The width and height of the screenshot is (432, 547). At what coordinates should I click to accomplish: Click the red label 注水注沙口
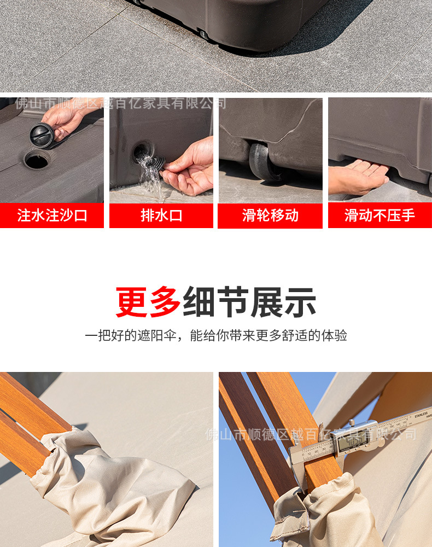[52, 215]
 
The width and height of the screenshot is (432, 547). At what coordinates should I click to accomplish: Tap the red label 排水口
[161, 215]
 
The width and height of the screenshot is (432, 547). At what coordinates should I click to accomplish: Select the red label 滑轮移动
[270, 215]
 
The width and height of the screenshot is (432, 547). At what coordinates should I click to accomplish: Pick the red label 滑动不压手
[380, 215]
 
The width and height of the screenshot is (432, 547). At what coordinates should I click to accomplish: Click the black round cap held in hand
[42, 135]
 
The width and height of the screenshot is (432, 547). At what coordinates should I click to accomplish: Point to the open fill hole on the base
[36, 160]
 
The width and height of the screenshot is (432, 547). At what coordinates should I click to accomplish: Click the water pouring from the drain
[150, 174]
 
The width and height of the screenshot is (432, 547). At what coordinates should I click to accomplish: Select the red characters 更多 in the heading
[148, 302]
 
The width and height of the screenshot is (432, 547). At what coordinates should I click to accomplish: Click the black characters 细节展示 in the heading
[249, 302]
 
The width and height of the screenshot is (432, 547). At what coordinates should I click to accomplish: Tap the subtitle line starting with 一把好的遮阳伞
[216, 335]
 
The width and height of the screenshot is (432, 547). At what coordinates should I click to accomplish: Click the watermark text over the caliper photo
[310, 435]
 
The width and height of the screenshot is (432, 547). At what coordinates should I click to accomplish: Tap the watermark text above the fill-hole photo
[121, 103]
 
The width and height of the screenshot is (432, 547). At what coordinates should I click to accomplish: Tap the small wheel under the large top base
[203, 34]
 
